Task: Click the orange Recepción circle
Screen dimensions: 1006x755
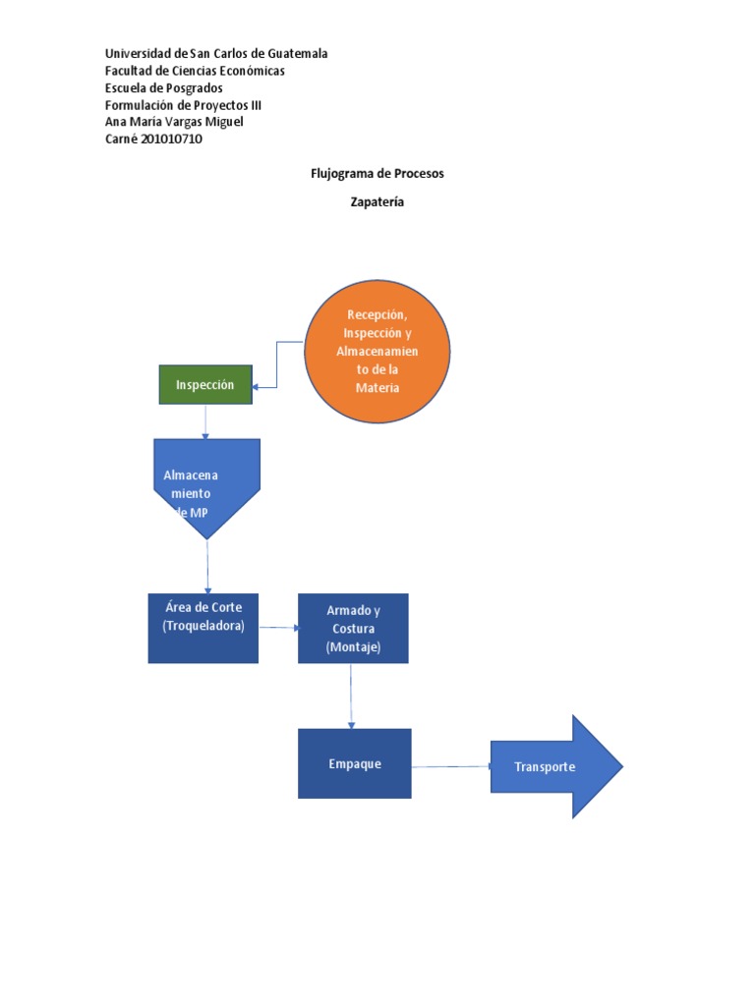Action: pyautogui.click(x=377, y=351)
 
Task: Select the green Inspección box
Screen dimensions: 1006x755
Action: pyautogui.click(x=205, y=384)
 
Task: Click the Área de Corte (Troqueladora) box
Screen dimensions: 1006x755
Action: pyautogui.click(x=203, y=628)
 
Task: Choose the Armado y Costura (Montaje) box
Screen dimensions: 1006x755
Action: pyautogui.click(x=353, y=628)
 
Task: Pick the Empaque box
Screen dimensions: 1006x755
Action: pyautogui.click(x=354, y=763)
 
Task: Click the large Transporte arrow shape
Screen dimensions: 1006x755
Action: pyautogui.click(x=555, y=766)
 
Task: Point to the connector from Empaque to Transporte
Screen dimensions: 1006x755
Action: pyautogui.click(x=450, y=766)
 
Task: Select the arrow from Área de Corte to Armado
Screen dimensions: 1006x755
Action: pyautogui.click(x=278, y=628)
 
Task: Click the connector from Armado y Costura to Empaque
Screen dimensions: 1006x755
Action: pyautogui.click(x=352, y=696)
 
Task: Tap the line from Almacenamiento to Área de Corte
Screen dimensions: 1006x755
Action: pyautogui.click(x=207, y=566)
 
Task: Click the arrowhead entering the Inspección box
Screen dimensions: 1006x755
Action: pyautogui.click(x=257, y=387)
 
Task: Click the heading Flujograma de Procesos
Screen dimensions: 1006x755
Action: pyautogui.click(x=377, y=173)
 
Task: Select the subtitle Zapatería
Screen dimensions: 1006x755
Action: pyautogui.click(x=377, y=202)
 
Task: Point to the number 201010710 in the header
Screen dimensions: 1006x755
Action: pyautogui.click(x=173, y=139)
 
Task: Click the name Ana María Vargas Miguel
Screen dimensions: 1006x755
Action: pyautogui.click(x=173, y=122)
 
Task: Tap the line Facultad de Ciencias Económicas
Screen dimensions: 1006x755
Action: pyautogui.click(x=195, y=71)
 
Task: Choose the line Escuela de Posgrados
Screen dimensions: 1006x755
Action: pyautogui.click(x=163, y=87)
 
